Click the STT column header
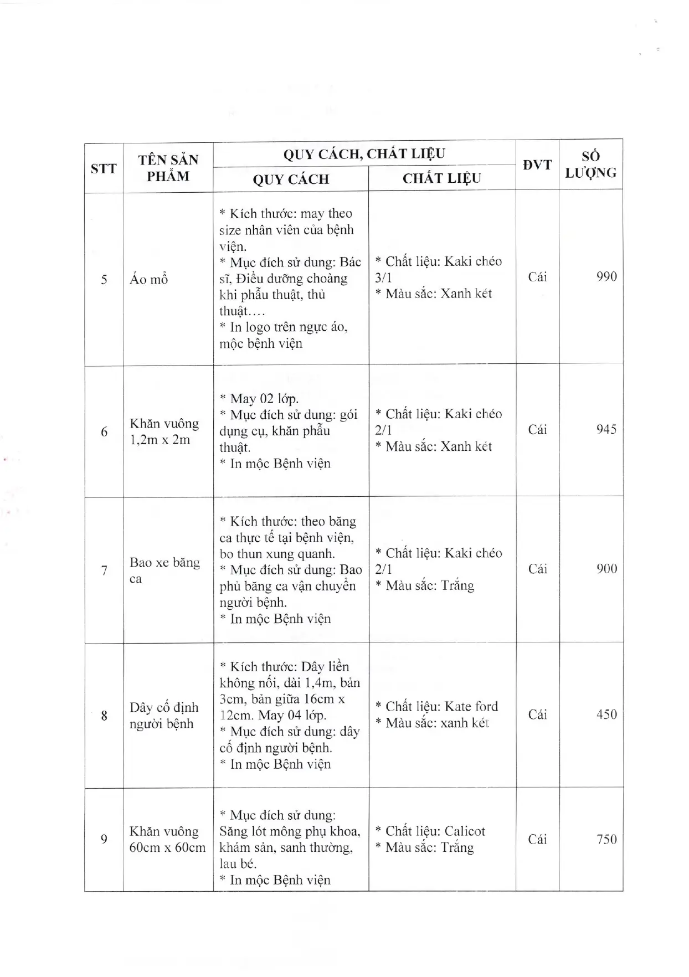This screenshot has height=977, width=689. click(104, 168)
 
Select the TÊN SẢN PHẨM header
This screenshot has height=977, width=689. click(168, 168)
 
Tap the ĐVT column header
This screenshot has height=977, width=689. click(537, 164)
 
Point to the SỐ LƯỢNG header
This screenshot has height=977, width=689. click(590, 164)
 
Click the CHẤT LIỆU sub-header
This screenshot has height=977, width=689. click(441, 178)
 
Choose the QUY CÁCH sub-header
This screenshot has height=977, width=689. click(291, 179)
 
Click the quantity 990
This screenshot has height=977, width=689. click(606, 276)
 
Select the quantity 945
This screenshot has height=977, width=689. click(606, 429)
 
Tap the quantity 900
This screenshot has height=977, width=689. click(606, 569)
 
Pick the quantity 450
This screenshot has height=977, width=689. click(606, 714)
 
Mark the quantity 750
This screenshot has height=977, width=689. click(606, 839)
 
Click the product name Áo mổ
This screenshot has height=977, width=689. click(148, 279)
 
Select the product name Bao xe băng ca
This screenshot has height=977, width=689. click(164, 570)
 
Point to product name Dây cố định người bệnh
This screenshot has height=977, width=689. click(163, 715)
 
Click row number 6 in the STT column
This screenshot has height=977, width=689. click(104, 431)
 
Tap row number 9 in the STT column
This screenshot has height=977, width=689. click(104, 839)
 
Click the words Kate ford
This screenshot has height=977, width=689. click(471, 706)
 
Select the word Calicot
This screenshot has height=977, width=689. click(465, 831)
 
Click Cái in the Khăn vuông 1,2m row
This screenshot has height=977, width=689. click(537, 429)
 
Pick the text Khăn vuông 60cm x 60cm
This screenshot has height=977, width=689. click(167, 839)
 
